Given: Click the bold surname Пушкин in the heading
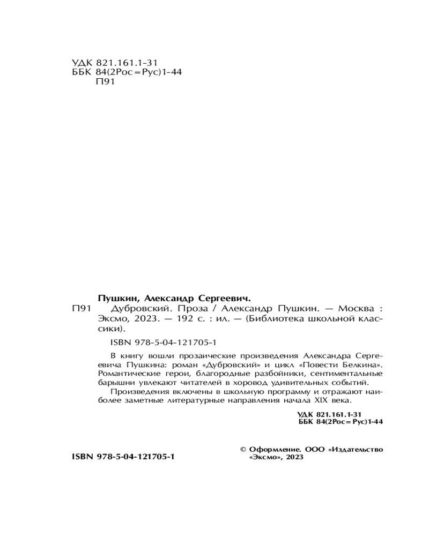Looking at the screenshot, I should tap(117, 298).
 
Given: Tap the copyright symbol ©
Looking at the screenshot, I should tap(242, 449).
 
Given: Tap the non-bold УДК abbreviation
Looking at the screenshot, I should tap(82, 63).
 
